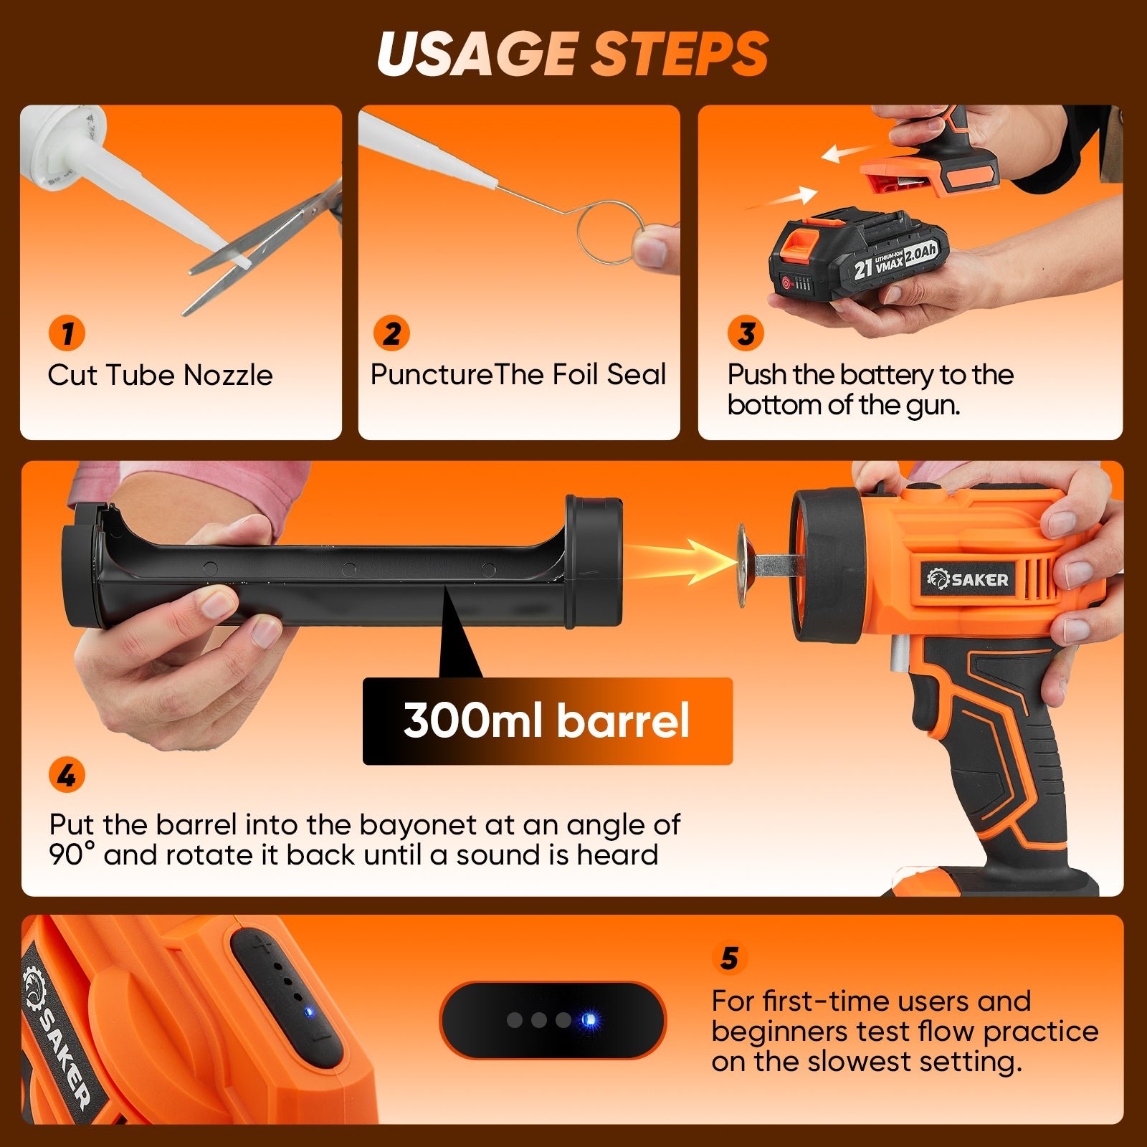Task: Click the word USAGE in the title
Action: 476,54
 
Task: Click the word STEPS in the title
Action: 679,54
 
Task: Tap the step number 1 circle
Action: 67,333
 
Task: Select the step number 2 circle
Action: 391,333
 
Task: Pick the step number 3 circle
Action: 746,333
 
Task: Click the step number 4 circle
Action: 67,776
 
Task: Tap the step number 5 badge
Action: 729,958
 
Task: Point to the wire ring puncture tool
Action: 606,232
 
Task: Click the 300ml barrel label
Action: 547,720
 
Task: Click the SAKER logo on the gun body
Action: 968,579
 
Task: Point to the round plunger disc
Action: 743,565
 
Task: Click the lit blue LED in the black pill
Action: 589,1019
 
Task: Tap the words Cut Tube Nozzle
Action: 160,375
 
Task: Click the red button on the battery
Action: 787,283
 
